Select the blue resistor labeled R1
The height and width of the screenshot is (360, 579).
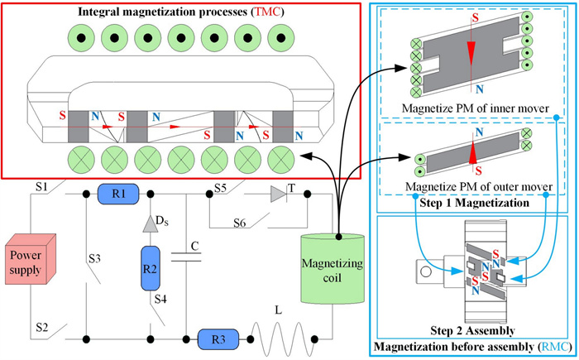117,195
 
